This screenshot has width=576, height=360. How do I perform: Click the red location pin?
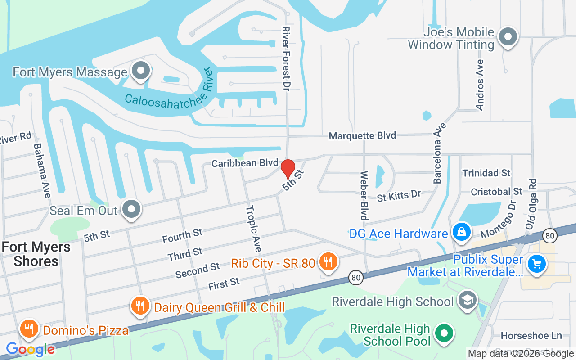coord(288,169)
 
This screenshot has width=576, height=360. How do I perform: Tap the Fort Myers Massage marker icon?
coord(141,71)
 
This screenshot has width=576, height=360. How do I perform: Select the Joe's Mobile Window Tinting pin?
coord(508,37)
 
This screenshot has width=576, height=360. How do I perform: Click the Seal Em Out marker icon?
coord(131,209)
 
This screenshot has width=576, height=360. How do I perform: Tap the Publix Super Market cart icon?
coord(536,263)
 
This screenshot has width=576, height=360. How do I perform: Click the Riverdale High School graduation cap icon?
coord(467,300)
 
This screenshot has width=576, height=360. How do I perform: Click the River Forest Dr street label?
coord(285,58)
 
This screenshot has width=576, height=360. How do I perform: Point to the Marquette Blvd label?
coord(362,135)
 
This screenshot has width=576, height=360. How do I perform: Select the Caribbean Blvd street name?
coord(245,163)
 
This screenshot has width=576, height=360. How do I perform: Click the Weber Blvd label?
coord(364,195)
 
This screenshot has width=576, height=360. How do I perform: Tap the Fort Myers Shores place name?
coord(36,254)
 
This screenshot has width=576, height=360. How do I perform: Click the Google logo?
coord(30,349)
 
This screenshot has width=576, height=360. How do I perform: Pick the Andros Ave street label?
coord(480,85)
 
